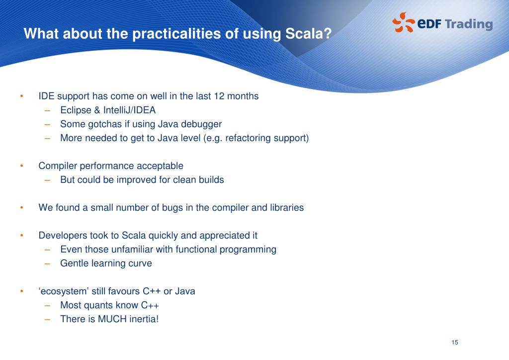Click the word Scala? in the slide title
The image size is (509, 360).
[x=308, y=33]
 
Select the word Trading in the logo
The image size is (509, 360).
[x=469, y=25]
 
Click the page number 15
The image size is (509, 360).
[x=455, y=343]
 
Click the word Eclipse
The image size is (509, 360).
[x=76, y=110]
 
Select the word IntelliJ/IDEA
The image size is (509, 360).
[x=129, y=110]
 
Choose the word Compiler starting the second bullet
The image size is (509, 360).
[x=58, y=166]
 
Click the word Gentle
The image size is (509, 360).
[x=75, y=263]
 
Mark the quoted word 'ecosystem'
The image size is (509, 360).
[x=64, y=291]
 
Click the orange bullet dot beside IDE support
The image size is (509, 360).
[x=22, y=96]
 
